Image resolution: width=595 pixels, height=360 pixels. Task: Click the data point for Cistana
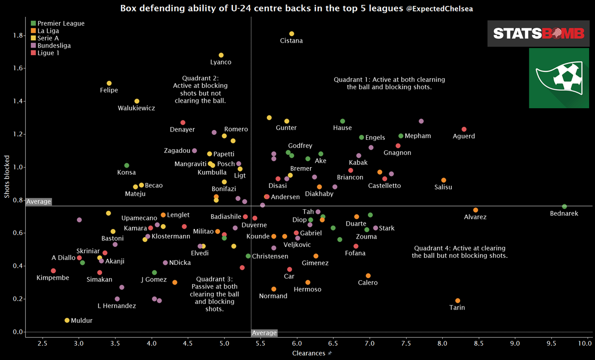[x=292, y=34]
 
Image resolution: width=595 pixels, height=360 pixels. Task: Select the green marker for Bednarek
[x=564, y=206]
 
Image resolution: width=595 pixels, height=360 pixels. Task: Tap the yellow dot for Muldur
[x=67, y=320]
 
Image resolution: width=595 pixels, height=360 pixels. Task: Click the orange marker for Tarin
[x=458, y=300]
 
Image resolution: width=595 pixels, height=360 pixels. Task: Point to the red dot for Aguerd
[x=464, y=129]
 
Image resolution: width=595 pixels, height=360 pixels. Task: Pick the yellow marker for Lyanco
[x=221, y=55]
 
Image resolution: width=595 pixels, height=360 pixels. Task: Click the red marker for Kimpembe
[x=53, y=271]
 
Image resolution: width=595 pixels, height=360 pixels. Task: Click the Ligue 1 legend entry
[x=48, y=53]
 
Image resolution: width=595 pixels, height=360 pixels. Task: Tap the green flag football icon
[x=558, y=78]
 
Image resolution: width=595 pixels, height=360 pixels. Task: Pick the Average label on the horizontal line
[x=39, y=202]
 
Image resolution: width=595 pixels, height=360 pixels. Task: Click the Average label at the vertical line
[x=264, y=333]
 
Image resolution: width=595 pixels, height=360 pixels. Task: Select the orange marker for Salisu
[x=443, y=180]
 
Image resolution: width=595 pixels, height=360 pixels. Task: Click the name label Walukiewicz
[x=136, y=108]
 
